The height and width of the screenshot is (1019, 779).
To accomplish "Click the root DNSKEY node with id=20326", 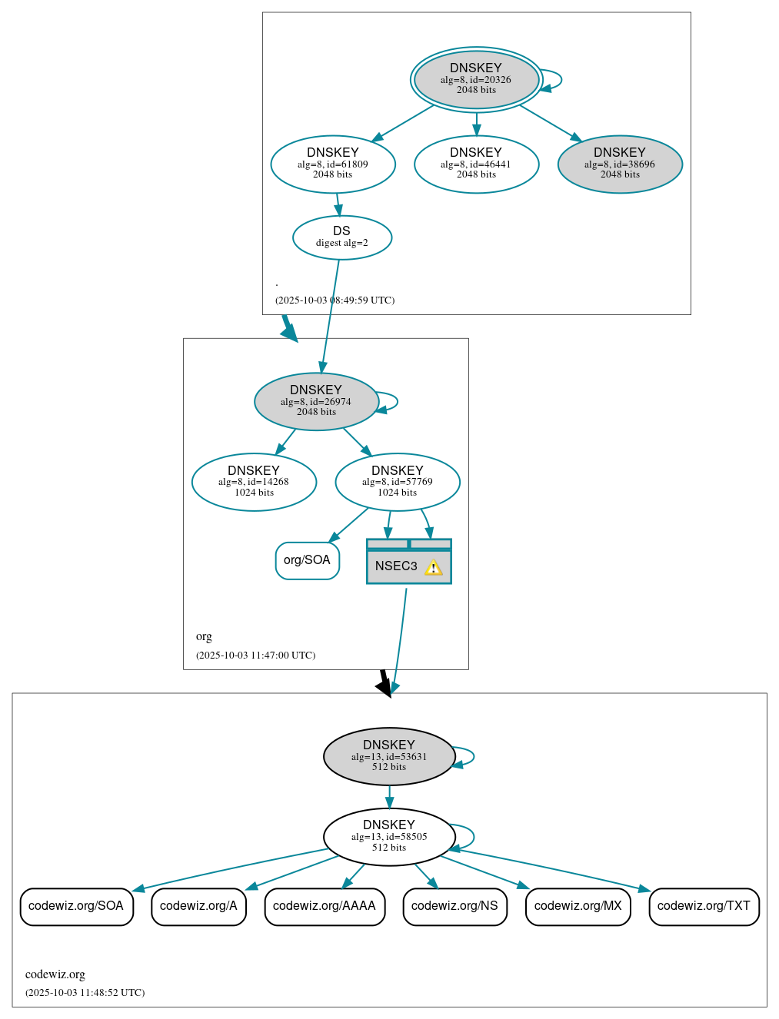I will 476,79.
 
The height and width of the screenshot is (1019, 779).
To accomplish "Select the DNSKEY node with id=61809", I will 333,164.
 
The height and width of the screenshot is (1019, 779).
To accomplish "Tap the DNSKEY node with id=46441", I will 476,164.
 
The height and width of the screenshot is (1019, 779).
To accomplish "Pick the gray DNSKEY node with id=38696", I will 620,164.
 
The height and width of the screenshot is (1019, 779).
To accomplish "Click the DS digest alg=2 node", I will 342,237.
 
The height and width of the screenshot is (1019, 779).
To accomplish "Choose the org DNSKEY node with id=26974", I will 316,401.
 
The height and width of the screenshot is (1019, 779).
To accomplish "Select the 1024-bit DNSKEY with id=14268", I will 254,482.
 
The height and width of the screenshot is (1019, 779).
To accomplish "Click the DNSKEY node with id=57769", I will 398,482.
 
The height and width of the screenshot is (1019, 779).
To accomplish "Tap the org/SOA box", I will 307,560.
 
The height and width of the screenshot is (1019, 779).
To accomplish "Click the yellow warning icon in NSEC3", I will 434,568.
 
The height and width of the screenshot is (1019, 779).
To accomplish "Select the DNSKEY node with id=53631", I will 389,756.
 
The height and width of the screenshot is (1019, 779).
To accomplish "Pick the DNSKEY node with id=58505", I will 389,836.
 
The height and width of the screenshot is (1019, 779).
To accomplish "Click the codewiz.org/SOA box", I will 76,906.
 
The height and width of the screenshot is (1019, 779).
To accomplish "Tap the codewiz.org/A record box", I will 198,906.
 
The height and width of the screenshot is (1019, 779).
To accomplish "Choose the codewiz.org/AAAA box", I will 325,906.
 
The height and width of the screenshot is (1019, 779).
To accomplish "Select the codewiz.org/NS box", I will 454,906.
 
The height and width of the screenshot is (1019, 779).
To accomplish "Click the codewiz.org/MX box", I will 578,906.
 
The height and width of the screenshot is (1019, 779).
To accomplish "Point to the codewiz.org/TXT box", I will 704,906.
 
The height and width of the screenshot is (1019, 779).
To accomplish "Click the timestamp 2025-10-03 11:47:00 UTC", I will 255,656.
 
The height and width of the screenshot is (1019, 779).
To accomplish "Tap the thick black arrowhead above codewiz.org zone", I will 385,686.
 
